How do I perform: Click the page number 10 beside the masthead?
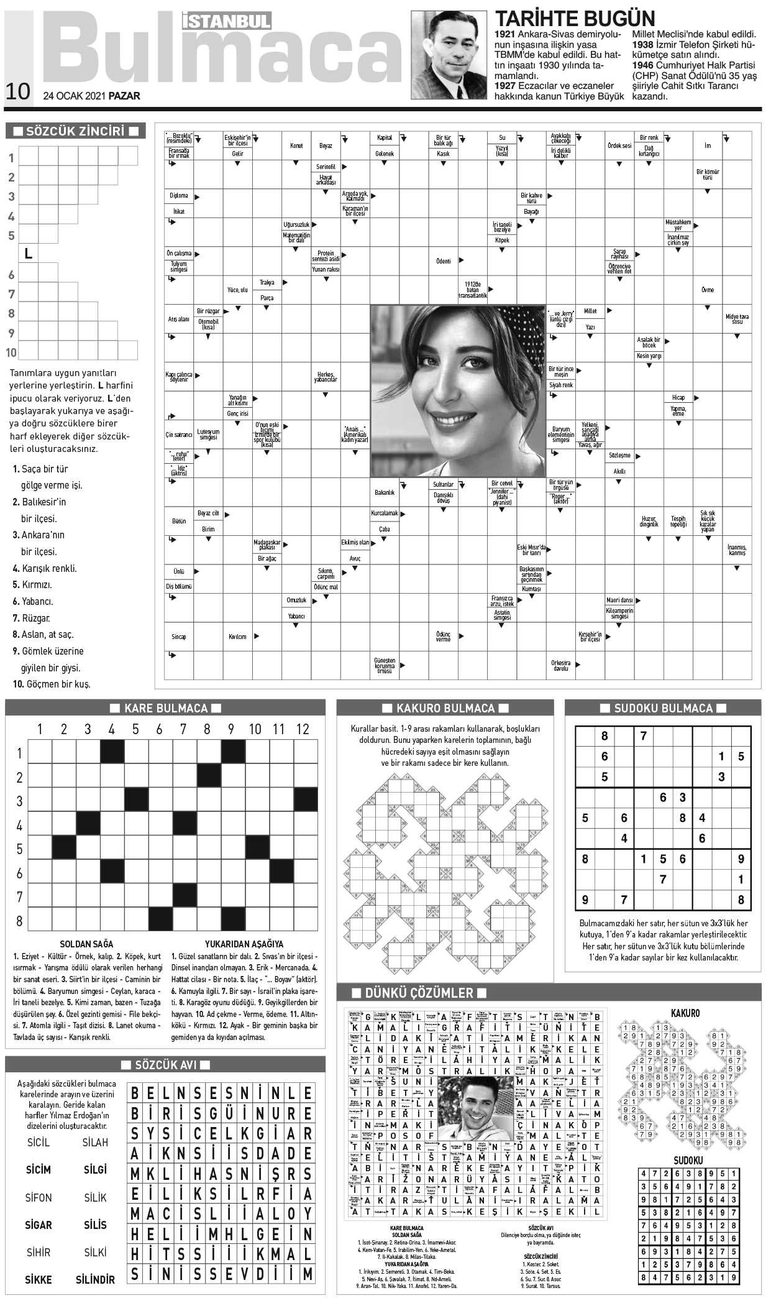[x=17, y=91]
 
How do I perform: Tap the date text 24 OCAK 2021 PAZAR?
[x=91, y=96]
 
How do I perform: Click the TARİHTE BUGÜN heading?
[x=574, y=18]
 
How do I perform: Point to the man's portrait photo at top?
[x=449, y=55]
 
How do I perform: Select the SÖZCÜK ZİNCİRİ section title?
[x=75, y=131]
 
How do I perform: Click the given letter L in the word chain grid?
[x=28, y=254]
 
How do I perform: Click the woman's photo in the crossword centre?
[x=458, y=390]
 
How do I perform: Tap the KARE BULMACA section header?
[x=165, y=708]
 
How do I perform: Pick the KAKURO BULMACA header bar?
[x=445, y=708]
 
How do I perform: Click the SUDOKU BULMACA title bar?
[x=663, y=708]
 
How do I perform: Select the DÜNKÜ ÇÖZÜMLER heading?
[x=419, y=993]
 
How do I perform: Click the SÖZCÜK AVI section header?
[x=165, y=1065]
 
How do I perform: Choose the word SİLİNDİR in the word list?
[x=95, y=1279]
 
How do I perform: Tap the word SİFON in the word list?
[x=39, y=1197]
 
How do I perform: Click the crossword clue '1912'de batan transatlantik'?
[x=473, y=290]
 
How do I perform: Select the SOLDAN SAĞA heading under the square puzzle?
[x=86, y=944]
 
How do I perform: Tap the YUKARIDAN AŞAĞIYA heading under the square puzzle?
[x=244, y=944]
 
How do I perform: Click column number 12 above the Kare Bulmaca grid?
[x=303, y=729]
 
